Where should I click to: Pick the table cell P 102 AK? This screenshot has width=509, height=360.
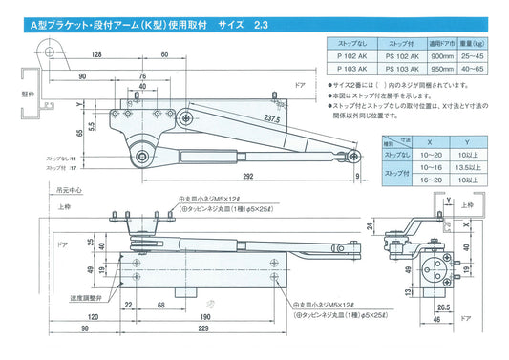tap(353, 56)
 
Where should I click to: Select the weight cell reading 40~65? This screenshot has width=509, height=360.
tap(484, 70)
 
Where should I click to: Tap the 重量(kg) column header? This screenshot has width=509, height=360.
tap(484, 43)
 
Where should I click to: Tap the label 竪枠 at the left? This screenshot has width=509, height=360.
tap(10, 95)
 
